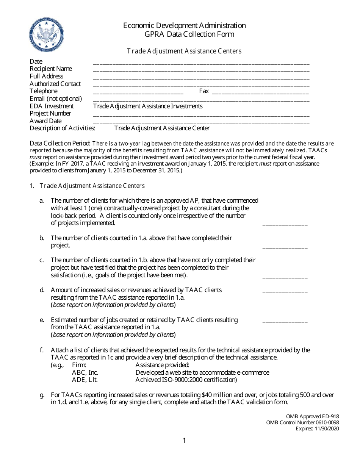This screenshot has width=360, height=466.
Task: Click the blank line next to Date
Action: pos(201,63)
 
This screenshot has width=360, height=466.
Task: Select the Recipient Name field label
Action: pos(51,69)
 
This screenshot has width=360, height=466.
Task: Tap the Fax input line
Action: pos(260,92)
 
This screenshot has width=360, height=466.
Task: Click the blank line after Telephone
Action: pos(138,92)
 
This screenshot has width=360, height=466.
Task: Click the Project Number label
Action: pos(50,113)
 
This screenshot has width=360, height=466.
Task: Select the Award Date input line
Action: pos(201,122)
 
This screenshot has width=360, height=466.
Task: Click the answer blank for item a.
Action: pos(285,224)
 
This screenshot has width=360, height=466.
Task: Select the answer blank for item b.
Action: pos(285,247)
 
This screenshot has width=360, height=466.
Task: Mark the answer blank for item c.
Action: pos(285,277)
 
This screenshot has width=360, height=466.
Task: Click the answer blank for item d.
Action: pos(285,292)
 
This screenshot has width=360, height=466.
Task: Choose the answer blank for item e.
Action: pos(285,322)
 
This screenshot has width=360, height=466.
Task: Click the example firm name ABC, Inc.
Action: pos(85,372)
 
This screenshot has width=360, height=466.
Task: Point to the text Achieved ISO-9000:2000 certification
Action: pos(186,380)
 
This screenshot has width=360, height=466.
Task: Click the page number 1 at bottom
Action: pos(184,441)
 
